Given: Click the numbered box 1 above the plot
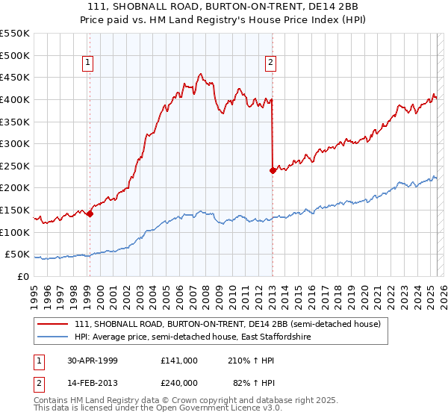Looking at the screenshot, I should [x=88, y=63].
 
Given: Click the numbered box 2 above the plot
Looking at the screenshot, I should [x=270, y=63].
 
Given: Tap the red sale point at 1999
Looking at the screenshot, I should [x=90, y=214].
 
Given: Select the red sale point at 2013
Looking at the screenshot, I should [x=273, y=170].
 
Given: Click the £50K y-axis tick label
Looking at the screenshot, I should [x=18, y=255].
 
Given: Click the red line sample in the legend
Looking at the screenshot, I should [x=52, y=324].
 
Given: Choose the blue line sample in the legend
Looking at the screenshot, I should [x=52, y=337].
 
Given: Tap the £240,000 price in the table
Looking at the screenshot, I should [x=179, y=382].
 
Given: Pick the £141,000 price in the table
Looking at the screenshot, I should [x=179, y=360].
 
